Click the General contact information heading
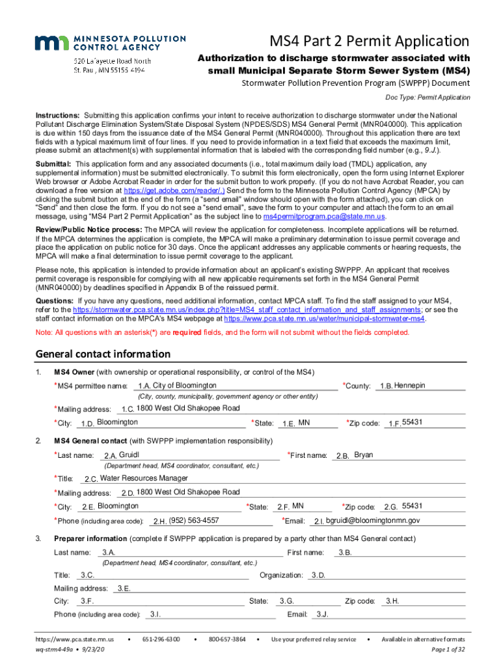pos(103,354)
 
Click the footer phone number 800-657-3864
pos(227,639)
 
